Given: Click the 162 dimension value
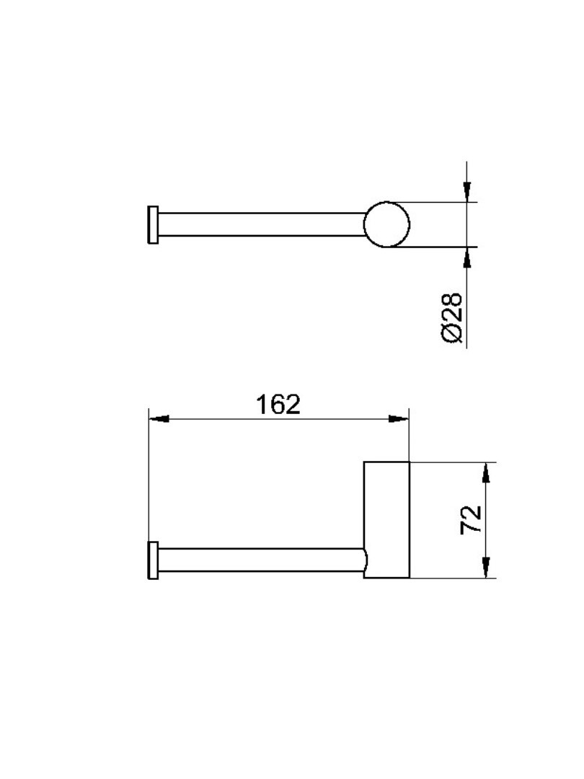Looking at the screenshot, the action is (278, 405).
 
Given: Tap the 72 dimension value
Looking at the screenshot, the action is (472, 519).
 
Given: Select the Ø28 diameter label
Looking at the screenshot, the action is (452, 317).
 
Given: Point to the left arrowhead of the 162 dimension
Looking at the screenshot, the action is (159, 419).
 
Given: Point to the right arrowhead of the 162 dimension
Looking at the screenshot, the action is (398, 419).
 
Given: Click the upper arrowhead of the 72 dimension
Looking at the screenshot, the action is (486, 472).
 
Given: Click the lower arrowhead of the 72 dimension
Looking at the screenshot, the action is (486, 568).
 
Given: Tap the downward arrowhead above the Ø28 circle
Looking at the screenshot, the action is (466, 192).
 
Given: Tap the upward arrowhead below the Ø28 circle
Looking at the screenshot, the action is (466, 257).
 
